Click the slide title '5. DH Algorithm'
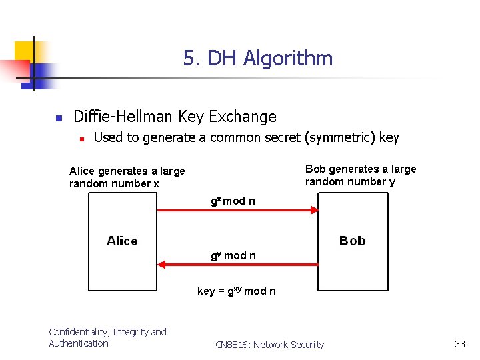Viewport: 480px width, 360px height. click(x=258, y=59)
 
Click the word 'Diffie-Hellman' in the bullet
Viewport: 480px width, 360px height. click(x=123, y=117)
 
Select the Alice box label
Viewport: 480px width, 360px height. click(x=122, y=241)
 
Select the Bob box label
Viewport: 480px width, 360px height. click(x=352, y=241)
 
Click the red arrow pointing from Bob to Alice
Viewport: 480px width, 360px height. click(x=238, y=265)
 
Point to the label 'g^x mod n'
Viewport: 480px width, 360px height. click(x=233, y=201)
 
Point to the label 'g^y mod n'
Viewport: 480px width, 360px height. click(x=233, y=255)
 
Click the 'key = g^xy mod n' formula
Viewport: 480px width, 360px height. click(x=236, y=291)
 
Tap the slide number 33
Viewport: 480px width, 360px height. click(x=460, y=344)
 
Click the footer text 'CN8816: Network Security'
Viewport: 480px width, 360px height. click(x=269, y=345)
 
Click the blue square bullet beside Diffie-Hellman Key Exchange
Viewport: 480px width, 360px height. click(x=59, y=119)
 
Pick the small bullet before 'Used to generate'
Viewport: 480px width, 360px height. click(x=81, y=139)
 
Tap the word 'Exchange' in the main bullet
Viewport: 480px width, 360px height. click(x=243, y=117)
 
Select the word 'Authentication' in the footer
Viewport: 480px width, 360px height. click(x=78, y=343)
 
